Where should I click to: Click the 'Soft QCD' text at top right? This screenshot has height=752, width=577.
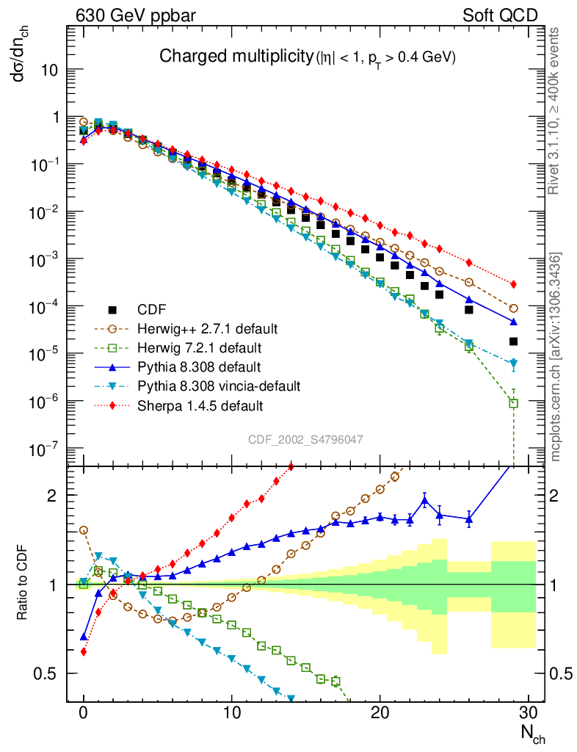(500, 15)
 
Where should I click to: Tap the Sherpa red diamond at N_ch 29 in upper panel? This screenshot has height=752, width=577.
(514, 284)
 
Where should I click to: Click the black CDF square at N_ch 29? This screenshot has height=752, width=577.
(514, 341)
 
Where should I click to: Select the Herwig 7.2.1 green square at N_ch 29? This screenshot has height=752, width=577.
(514, 403)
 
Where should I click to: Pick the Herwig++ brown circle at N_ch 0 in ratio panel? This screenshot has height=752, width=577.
(84, 529)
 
